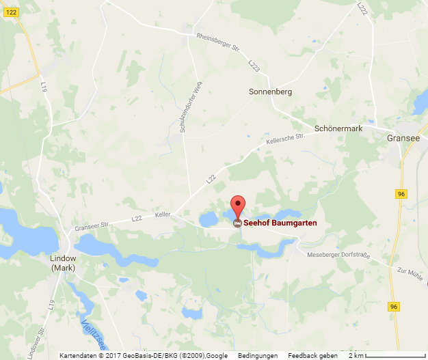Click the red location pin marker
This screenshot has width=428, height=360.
pos(237,205)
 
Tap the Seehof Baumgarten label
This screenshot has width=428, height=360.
pos(280,223)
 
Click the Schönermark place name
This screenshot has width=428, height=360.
pos(338,128)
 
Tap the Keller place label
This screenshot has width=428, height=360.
pos(163,214)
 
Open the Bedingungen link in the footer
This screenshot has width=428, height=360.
pos(258,355)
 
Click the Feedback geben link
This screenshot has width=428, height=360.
pos(312,355)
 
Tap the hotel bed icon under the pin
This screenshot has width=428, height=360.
pos(237,223)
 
